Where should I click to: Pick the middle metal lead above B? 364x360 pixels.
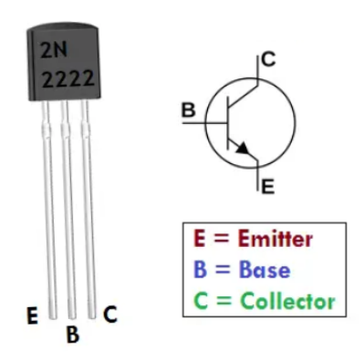[x=66, y=210]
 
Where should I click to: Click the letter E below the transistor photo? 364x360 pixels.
[x=32, y=317]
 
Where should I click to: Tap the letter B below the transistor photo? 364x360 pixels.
[x=73, y=334]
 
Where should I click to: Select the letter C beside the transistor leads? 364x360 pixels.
[x=109, y=314]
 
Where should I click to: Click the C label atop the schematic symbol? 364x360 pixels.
[x=267, y=61]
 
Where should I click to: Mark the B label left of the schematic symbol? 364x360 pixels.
[x=188, y=111]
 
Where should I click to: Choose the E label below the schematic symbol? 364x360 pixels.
[x=266, y=188]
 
